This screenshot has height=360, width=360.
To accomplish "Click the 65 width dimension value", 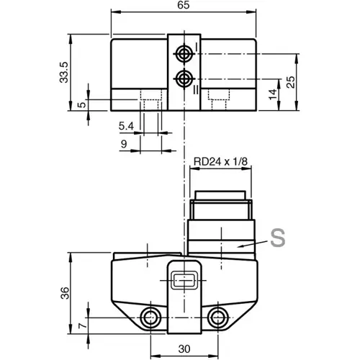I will (x=184, y=6).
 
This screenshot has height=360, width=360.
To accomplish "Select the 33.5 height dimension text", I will (x=64, y=72).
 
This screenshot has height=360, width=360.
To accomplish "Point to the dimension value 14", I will (x=272, y=94).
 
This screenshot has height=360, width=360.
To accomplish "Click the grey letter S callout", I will (x=277, y=237).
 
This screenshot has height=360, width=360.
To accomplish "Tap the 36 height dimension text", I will (x=64, y=293).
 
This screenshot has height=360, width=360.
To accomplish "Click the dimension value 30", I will (x=184, y=348).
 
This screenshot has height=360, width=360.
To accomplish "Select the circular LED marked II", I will (x=184, y=77).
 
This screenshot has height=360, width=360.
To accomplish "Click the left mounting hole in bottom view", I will (x=150, y=318).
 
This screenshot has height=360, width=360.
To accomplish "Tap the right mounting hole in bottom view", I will (x=217, y=318).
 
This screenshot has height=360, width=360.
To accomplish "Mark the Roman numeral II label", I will (x=196, y=88).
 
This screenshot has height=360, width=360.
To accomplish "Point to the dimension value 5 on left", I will (x=83, y=104).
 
